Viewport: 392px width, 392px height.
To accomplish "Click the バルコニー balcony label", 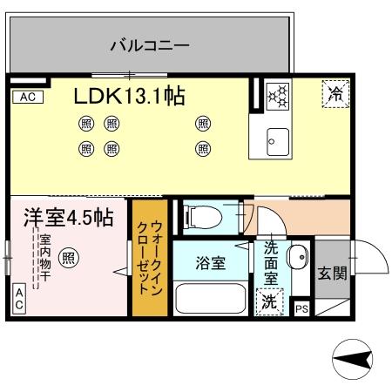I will (x=150, y=45).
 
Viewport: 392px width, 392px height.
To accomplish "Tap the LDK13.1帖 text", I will (x=128, y=96).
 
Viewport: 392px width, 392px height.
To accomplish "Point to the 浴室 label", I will (x=211, y=261).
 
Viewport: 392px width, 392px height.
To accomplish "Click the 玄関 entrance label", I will (x=331, y=274).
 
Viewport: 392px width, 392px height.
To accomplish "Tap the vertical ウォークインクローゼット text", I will (x=145, y=258).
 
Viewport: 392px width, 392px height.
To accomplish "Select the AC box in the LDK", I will (x=26, y=98).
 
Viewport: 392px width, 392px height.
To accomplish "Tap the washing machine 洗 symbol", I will (x=268, y=303).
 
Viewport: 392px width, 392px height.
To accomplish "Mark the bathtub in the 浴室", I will (x=212, y=299).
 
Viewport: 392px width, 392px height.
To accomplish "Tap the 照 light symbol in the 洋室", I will (x=69, y=258).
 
